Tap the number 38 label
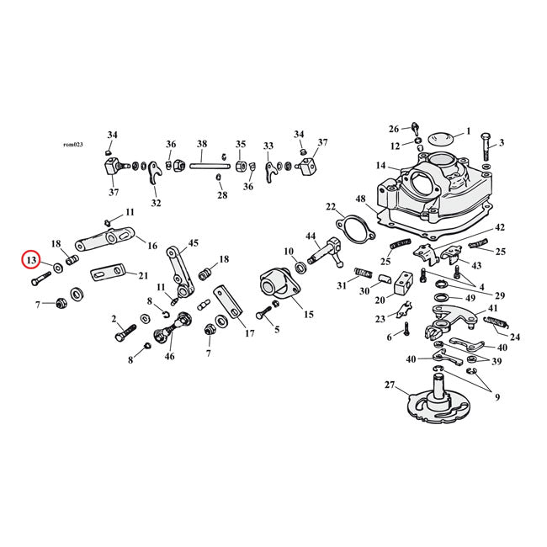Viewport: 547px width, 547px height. (x=202, y=144)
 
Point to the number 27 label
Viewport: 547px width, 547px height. (x=390, y=385)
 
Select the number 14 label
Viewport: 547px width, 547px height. (x=381, y=166)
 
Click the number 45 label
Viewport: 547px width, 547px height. (x=194, y=243)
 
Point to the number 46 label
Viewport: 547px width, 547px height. (x=171, y=358)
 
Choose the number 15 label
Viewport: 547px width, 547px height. (x=308, y=315)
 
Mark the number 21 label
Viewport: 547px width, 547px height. (x=143, y=275)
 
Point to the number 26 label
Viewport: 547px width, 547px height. (x=394, y=129)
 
